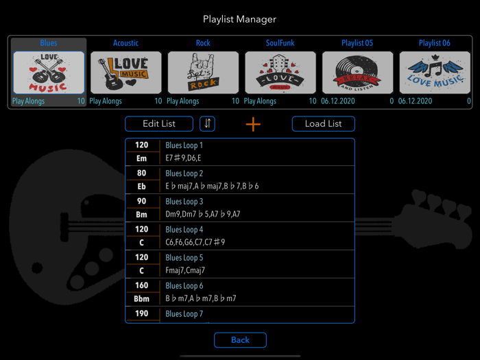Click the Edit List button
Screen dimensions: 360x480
(x=159, y=123)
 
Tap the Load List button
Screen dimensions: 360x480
(x=323, y=123)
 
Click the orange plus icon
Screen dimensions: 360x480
(x=253, y=124)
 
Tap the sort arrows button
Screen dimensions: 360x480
(x=208, y=123)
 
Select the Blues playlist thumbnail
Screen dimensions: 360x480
(x=49, y=73)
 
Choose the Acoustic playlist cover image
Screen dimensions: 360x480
(x=125, y=73)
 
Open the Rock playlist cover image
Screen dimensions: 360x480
(x=203, y=73)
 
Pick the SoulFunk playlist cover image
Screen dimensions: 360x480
(x=280, y=73)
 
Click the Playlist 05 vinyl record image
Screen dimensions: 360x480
(x=357, y=73)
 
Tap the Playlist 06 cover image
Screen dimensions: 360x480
(x=435, y=73)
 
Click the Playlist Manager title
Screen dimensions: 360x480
(x=239, y=19)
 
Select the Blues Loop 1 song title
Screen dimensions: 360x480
(x=184, y=145)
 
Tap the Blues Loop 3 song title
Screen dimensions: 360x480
(x=184, y=202)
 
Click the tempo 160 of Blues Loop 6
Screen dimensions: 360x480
(x=141, y=286)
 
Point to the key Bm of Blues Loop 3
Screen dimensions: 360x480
(x=141, y=215)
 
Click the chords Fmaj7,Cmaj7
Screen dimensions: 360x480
(x=185, y=271)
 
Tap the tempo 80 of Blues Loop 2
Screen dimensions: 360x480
(x=141, y=173)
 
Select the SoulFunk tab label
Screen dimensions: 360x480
(x=280, y=43)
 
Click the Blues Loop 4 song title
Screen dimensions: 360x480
(x=184, y=230)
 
